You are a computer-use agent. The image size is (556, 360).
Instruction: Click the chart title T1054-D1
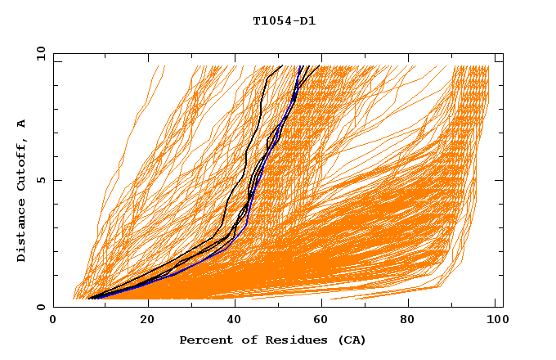[284, 20]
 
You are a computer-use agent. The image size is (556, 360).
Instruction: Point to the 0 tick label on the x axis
[53, 321]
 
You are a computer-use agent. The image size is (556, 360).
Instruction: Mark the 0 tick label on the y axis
[41, 307]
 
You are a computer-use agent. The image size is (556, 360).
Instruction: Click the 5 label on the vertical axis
[41, 180]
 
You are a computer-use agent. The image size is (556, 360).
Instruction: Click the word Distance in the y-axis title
[22, 231]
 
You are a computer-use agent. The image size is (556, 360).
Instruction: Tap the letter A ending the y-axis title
[22, 124]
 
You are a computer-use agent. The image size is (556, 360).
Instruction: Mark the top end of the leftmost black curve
[282, 65]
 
